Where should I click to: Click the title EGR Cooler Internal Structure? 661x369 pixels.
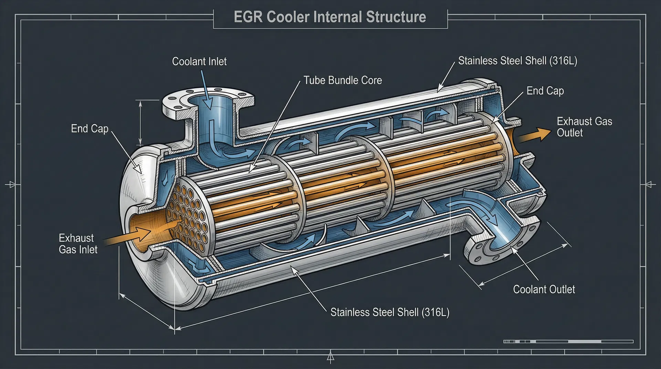[x=330, y=17]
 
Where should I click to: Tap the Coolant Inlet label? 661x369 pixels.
[x=199, y=62]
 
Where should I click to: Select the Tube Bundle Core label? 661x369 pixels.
[x=343, y=81]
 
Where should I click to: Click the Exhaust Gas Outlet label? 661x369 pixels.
[x=584, y=127]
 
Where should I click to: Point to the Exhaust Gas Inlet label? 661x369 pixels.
[x=78, y=244]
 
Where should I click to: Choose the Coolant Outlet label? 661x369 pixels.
[x=544, y=289]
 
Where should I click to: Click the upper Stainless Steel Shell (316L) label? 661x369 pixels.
[x=517, y=61]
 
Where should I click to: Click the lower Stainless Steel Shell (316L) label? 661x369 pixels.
[x=390, y=312]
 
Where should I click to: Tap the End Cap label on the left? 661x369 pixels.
[x=90, y=129]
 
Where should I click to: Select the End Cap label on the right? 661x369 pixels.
[x=545, y=91]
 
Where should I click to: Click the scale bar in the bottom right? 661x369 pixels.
[x=568, y=341]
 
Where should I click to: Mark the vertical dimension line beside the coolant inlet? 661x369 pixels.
[x=140, y=122]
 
